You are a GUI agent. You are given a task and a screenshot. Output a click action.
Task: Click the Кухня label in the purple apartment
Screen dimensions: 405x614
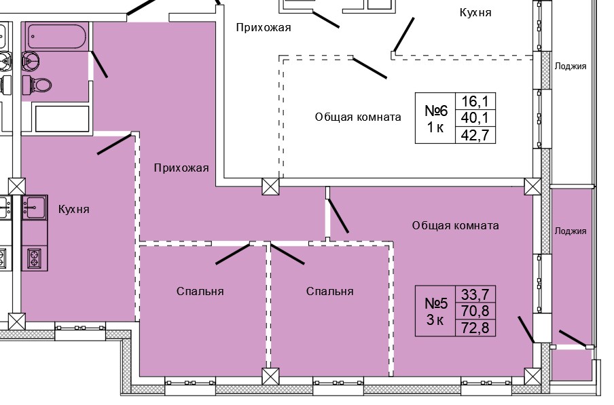[x=73, y=210]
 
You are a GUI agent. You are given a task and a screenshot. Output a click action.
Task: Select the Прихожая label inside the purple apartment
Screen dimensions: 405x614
[x=180, y=168]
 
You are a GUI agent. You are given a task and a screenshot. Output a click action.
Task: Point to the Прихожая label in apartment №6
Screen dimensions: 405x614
[x=264, y=28]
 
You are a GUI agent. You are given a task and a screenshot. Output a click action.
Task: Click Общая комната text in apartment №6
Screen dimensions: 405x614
[x=357, y=117]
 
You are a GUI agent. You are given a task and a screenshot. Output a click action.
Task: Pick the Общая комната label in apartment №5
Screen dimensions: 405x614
[x=455, y=225]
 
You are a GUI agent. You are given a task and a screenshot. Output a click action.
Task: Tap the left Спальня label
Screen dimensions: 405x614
[x=200, y=291]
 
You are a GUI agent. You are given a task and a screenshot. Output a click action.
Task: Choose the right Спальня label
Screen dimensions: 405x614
[x=329, y=291]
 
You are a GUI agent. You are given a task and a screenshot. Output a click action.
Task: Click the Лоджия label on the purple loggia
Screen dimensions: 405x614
[x=570, y=231]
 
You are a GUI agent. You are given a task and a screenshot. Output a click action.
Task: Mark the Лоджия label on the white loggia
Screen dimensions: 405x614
[x=570, y=66]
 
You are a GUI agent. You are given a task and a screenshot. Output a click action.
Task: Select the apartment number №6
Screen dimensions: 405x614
[x=435, y=111]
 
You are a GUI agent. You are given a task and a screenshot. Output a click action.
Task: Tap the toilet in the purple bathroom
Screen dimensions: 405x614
[x=39, y=85]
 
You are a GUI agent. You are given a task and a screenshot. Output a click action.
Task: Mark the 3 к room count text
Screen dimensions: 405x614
[x=435, y=320]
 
